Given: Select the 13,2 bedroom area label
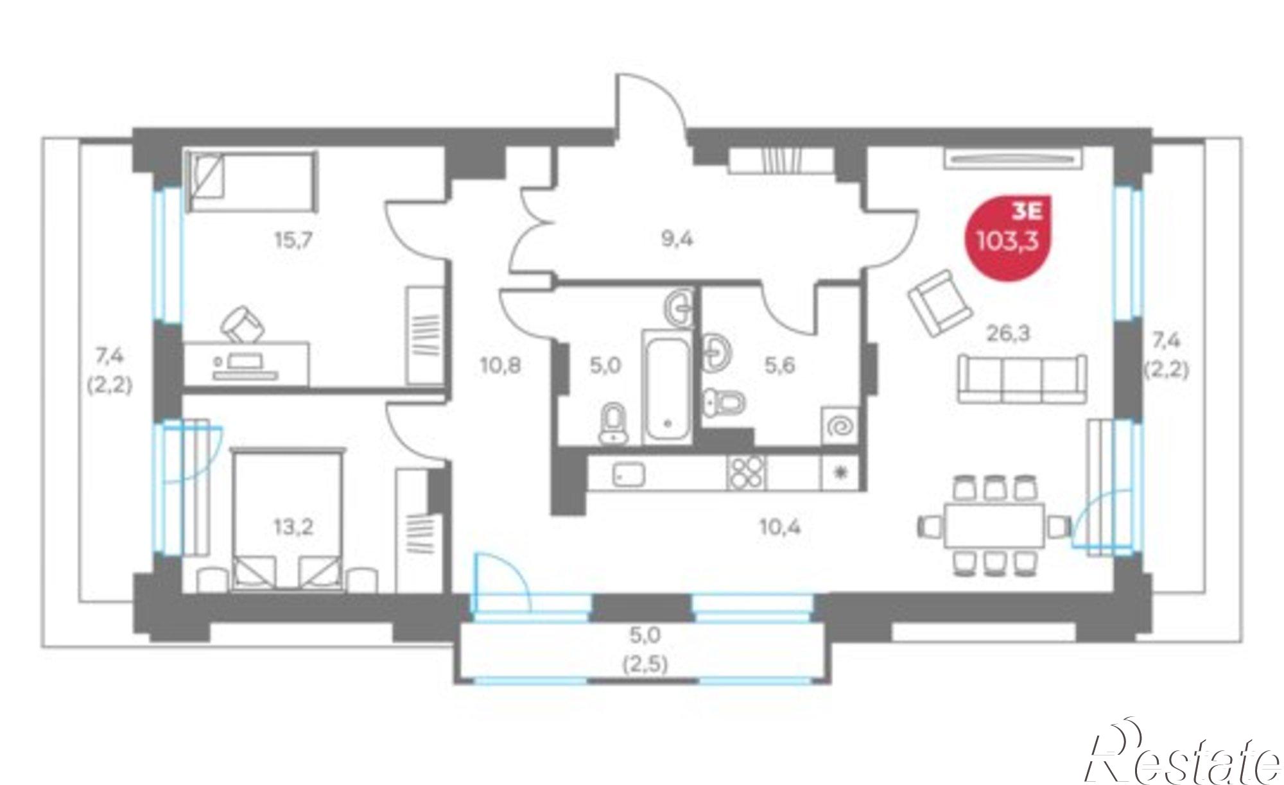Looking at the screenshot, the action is click(x=293, y=528).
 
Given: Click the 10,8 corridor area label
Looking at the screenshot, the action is click(x=501, y=366).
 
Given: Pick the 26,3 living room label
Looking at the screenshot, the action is click(x=1007, y=333).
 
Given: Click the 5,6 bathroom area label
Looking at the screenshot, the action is click(x=779, y=366).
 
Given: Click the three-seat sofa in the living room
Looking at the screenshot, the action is click(x=1022, y=379).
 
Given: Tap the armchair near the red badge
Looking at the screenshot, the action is click(x=939, y=303).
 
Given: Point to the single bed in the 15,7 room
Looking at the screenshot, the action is click(x=252, y=182).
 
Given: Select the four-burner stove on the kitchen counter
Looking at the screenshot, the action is click(x=746, y=473).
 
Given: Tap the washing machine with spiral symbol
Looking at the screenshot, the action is click(x=840, y=425).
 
